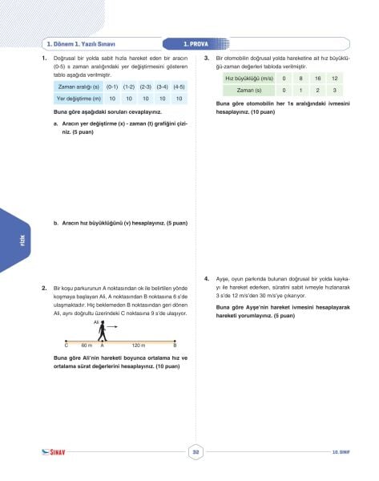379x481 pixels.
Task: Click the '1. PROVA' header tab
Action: (x=196, y=44)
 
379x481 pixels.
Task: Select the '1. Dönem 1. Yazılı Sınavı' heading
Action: (x=82, y=44)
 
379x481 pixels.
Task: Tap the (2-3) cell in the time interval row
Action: (x=146, y=86)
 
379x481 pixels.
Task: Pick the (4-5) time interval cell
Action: (x=179, y=86)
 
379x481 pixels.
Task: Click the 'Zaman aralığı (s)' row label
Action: (x=79, y=86)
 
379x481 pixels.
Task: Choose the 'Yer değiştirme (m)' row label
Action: (x=78, y=98)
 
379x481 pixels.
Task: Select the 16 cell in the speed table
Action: (x=318, y=78)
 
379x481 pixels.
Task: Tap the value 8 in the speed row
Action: (x=300, y=78)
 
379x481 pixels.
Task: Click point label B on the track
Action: (x=175, y=345)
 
